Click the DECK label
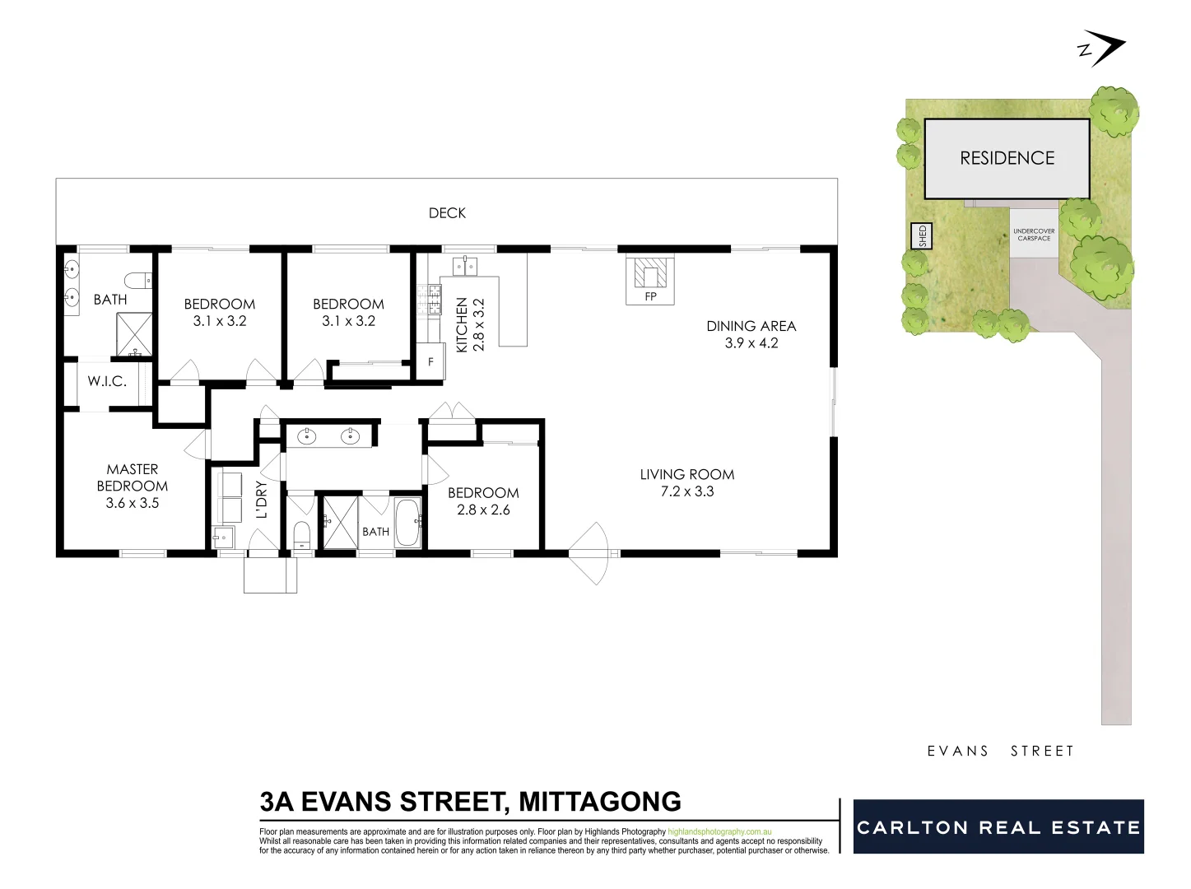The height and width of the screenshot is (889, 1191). coord(447,213)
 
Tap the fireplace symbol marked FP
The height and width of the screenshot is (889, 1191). coord(650,275)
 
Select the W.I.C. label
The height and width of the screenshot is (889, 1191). coord(107,382)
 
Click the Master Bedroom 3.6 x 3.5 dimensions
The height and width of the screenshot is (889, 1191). coord(132,503)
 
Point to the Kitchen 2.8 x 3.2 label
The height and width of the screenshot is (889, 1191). coord(470,325)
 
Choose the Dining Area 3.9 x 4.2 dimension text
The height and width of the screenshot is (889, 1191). coord(751,343)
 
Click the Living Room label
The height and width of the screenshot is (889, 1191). coord(686,474)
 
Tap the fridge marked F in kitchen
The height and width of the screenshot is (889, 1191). coord(430,362)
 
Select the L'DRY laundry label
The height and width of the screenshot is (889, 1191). coord(262,499)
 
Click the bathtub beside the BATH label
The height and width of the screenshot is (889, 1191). coord(407,523)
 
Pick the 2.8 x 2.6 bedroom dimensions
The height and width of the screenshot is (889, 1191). coord(483,510)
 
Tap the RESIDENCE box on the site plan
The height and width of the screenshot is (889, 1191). coord(1007,158)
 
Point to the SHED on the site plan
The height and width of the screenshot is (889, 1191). coord(922,236)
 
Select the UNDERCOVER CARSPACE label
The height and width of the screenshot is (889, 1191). coord(1034,235)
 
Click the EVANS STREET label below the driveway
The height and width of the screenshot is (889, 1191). coord(1000,751)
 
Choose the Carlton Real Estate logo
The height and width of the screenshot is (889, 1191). coord(998,826)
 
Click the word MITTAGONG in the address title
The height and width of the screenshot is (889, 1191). coord(600,802)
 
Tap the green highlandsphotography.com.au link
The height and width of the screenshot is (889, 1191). coord(719,832)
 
